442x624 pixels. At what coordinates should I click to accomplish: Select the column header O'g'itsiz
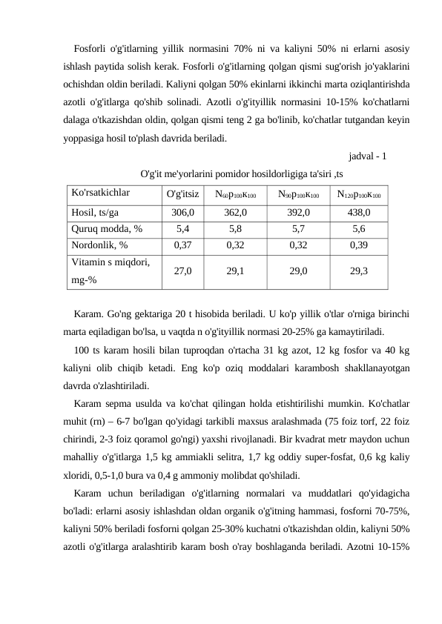click(x=183, y=195)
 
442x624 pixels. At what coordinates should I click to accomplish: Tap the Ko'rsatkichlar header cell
click(x=100, y=194)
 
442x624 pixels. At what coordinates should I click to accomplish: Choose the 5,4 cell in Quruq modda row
click(x=183, y=228)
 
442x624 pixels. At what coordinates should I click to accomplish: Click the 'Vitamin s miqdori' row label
click(x=110, y=262)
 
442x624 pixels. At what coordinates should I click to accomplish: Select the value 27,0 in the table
click(x=183, y=271)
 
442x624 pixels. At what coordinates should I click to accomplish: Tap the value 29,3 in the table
click(x=359, y=271)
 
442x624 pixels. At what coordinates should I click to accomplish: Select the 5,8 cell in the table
click(x=235, y=228)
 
